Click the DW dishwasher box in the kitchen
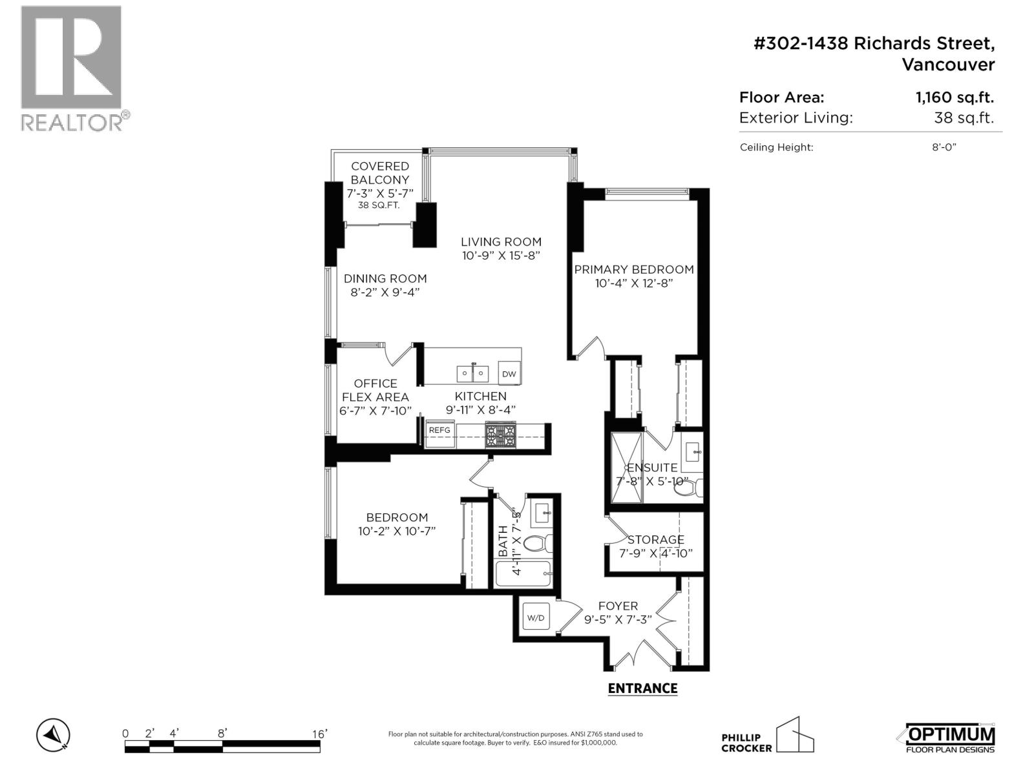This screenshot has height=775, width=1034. [x=509, y=374]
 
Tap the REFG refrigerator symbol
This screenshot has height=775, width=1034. [x=439, y=430]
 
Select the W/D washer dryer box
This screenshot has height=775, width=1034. [x=536, y=618]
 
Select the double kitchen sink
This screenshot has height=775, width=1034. [x=473, y=373]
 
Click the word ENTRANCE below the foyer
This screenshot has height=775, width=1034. [x=642, y=688]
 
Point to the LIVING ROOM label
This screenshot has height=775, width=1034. [x=501, y=242]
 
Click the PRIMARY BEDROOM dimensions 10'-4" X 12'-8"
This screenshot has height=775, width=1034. [x=634, y=283]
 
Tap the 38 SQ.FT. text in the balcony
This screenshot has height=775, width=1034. [x=379, y=205]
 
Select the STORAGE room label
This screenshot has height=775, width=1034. [x=655, y=539]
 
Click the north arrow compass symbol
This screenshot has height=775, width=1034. [x=53, y=734]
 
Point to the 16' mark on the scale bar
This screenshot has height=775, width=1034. [x=319, y=734]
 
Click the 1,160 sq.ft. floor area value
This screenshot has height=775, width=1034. [x=954, y=98]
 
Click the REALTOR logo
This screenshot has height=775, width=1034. [x=72, y=68]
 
